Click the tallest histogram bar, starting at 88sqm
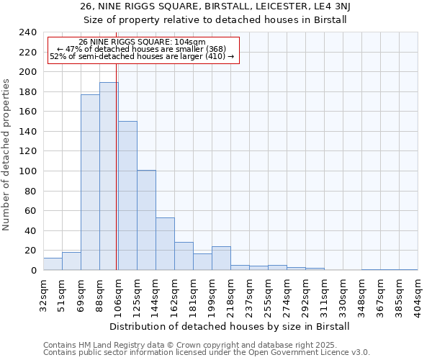109,176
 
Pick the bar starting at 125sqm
146,220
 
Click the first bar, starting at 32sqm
53,264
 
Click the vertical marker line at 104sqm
116,144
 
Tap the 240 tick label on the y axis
28,32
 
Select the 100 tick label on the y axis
28,171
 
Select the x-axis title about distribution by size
230,326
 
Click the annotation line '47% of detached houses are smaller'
142,49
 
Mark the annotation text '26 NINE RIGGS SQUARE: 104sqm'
142,42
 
